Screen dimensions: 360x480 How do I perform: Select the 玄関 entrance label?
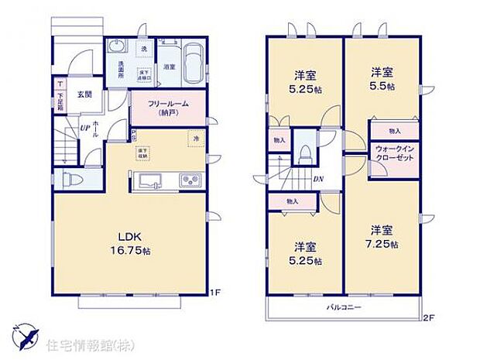(84, 94)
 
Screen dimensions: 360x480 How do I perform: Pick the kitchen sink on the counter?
(150, 182)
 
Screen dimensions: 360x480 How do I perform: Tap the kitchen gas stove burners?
(190, 182)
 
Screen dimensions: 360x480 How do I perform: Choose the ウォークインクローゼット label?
(394, 151)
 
